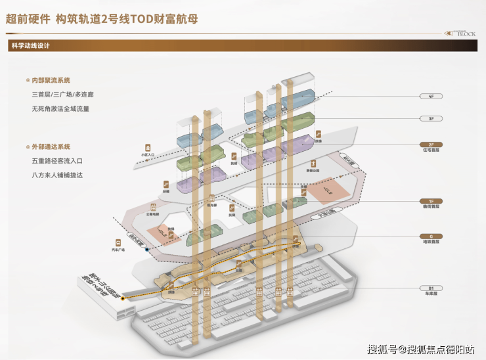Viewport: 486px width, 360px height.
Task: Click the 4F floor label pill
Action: pos(431,96)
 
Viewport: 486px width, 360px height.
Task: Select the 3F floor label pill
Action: pos(431,119)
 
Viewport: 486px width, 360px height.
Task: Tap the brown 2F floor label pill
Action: pos(431,144)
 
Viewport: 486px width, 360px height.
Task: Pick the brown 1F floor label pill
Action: pos(431,200)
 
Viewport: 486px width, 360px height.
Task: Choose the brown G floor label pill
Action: pos(431,235)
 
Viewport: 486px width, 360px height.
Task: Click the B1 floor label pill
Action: pos(431,288)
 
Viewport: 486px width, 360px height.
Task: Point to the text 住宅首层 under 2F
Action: pos(431,150)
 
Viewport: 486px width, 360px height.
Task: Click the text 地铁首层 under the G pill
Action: pos(431,242)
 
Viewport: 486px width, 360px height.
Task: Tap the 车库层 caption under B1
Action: pos(431,294)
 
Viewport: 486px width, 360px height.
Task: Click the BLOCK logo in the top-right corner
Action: pos(460,32)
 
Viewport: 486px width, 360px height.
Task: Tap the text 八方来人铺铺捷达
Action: pos(57,175)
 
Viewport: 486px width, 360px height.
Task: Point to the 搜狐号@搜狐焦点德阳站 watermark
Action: pos(421,349)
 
